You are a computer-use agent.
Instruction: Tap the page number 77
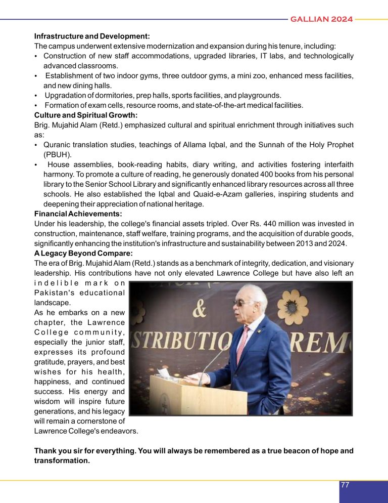pyautogui.click(x=345, y=485)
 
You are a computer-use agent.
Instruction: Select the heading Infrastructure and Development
pyautogui.click(x=92, y=36)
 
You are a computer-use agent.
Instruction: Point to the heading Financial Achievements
pyautogui.click(x=78, y=214)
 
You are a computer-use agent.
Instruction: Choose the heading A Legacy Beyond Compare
pyautogui.click(x=83, y=253)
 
